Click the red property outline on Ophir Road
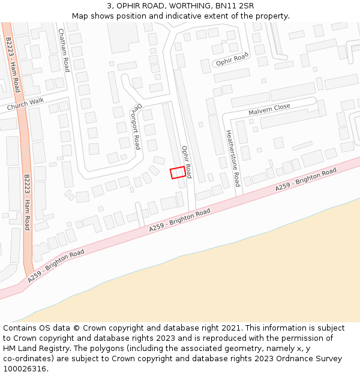(x=177, y=173)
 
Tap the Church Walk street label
(x=25, y=104)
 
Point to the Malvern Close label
(x=269, y=110)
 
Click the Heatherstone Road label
(x=233, y=158)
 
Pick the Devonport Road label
(x=135, y=128)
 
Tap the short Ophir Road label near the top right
(x=232, y=59)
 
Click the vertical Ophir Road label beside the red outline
(x=187, y=161)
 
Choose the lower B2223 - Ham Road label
(x=26, y=202)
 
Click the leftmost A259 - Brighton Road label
(x=56, y=266)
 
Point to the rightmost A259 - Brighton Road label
(x=306, y=180)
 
